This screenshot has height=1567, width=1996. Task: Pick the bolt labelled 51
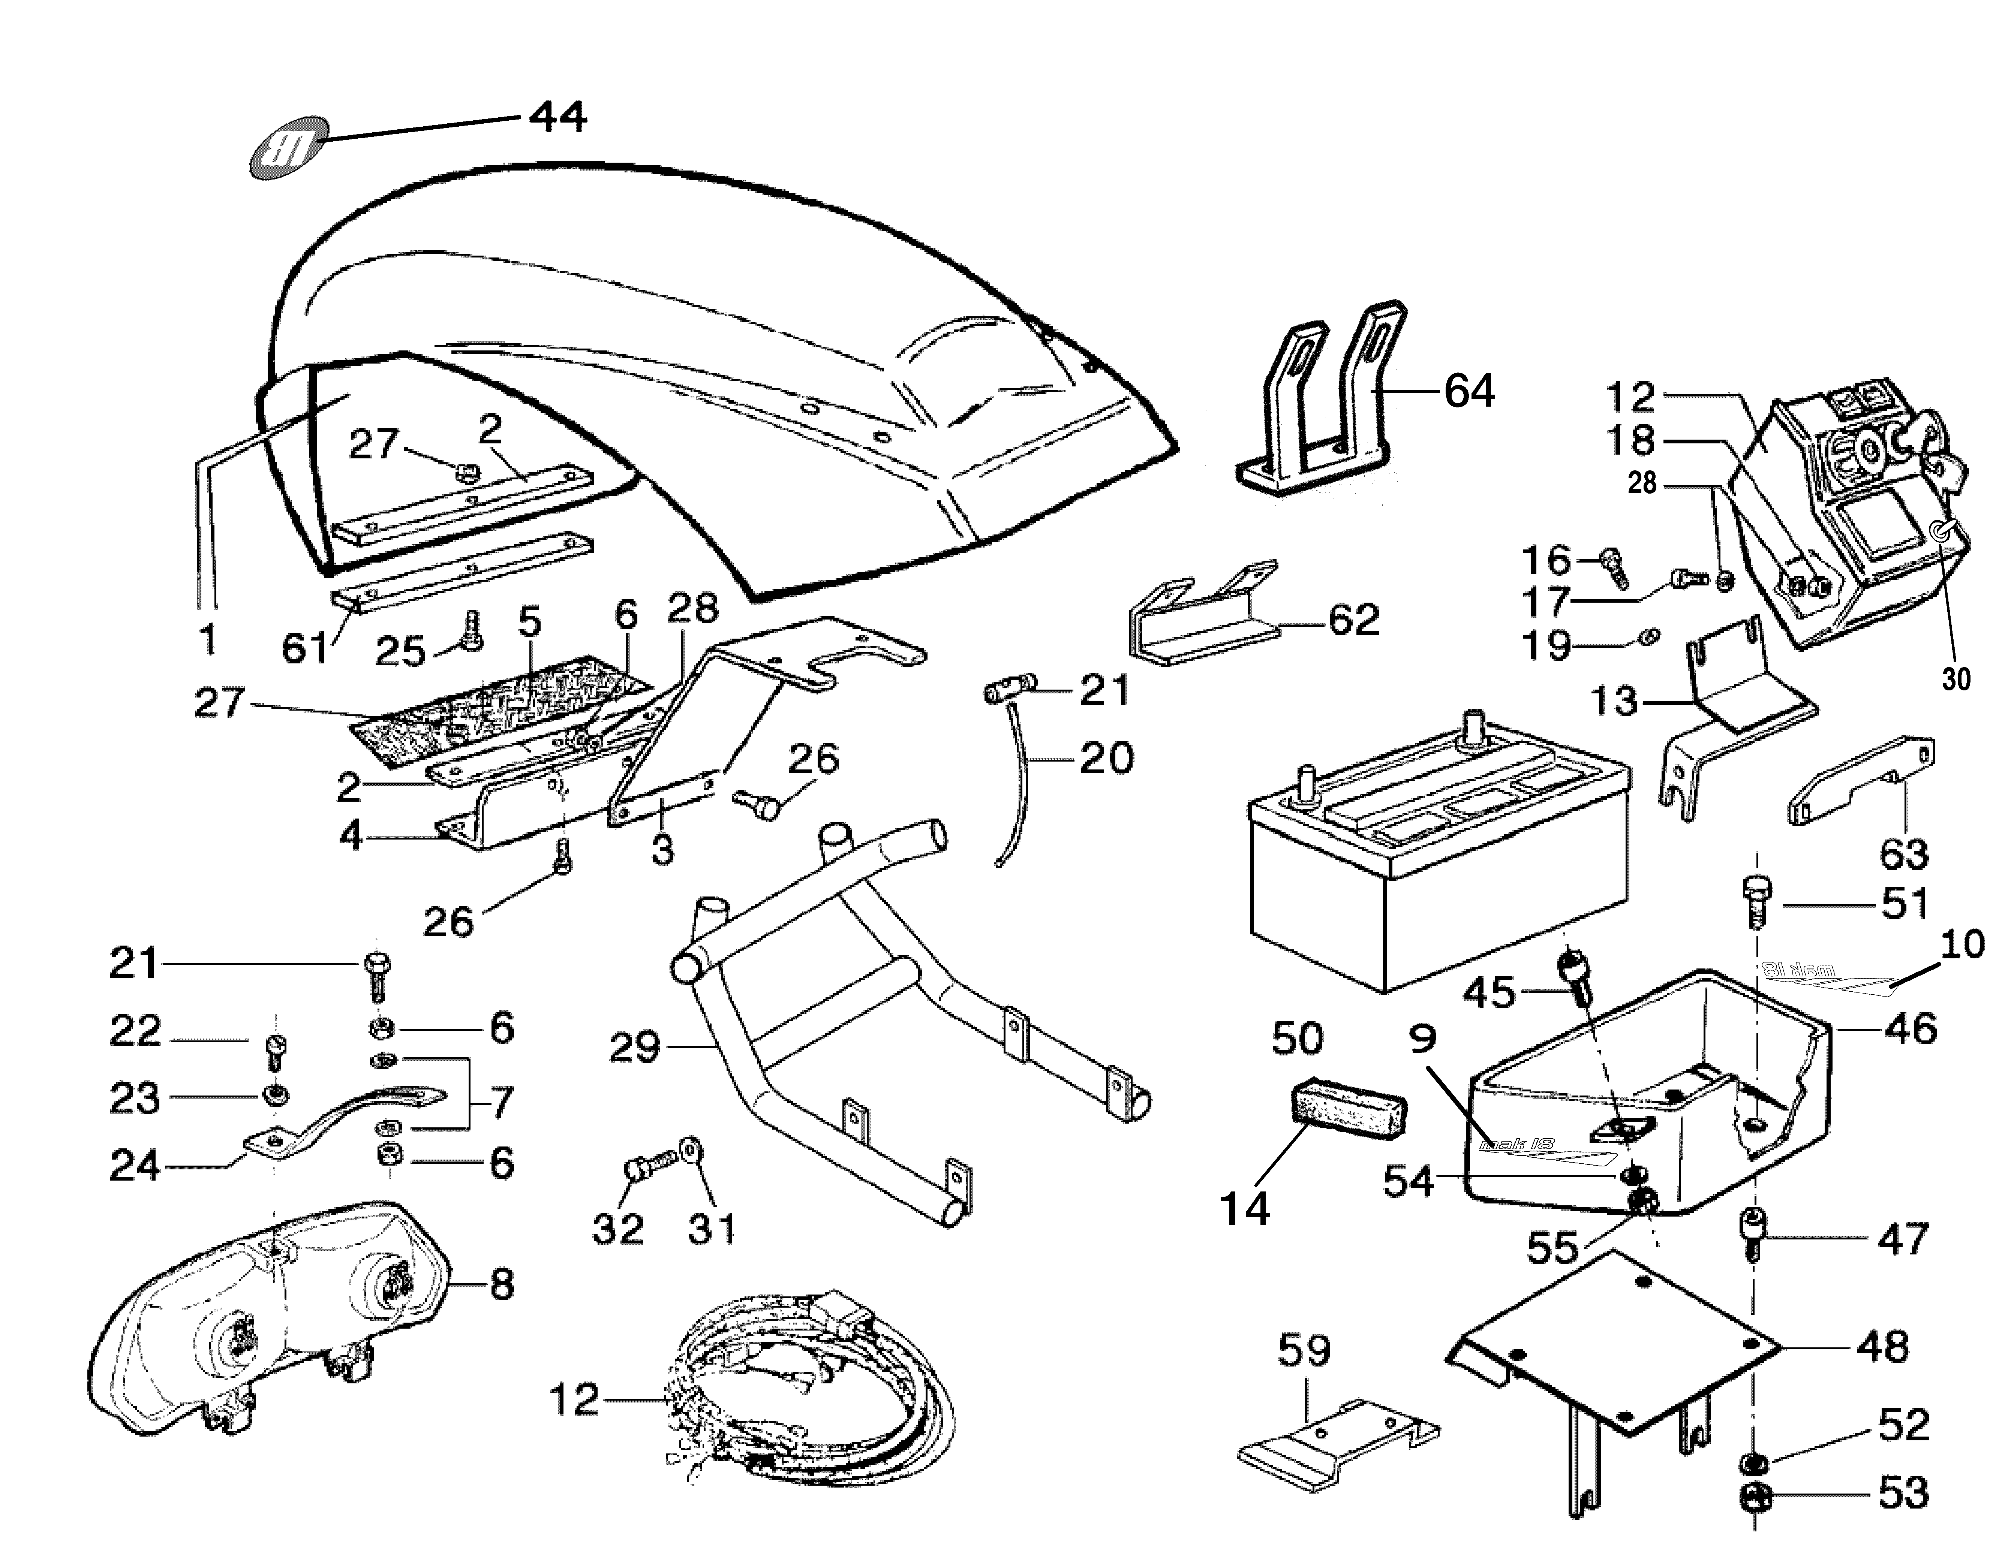coord(1756,902)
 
